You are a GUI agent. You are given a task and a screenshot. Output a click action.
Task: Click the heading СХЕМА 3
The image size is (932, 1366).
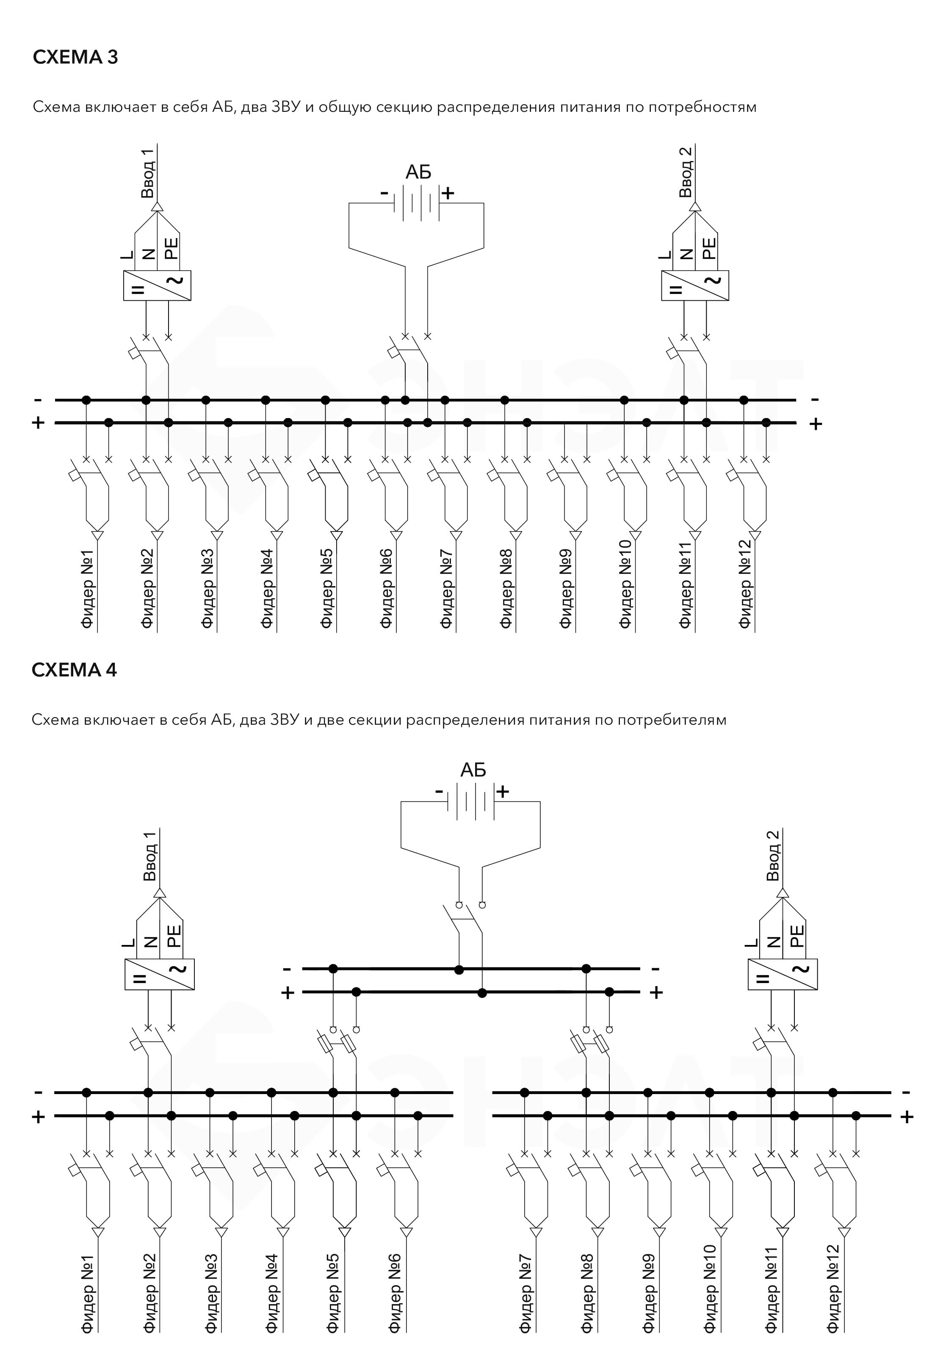pyautogui.click(x=75, y=57)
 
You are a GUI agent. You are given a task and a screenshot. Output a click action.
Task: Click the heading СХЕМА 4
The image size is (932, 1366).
pyautogui.click(x=74, y=670)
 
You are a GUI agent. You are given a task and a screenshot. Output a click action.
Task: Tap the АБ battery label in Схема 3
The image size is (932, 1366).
pyautogui.click(x=418, y=172)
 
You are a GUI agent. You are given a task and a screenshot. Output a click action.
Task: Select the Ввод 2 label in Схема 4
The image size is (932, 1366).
pyautogui.click(x=773, y=855)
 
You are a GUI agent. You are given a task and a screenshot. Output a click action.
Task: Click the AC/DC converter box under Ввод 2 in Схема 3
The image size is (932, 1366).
pyautogui.click(x=695, y=285)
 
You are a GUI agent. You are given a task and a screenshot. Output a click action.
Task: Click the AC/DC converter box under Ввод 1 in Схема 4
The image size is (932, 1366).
pyautogui.click(x=159, y=974)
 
